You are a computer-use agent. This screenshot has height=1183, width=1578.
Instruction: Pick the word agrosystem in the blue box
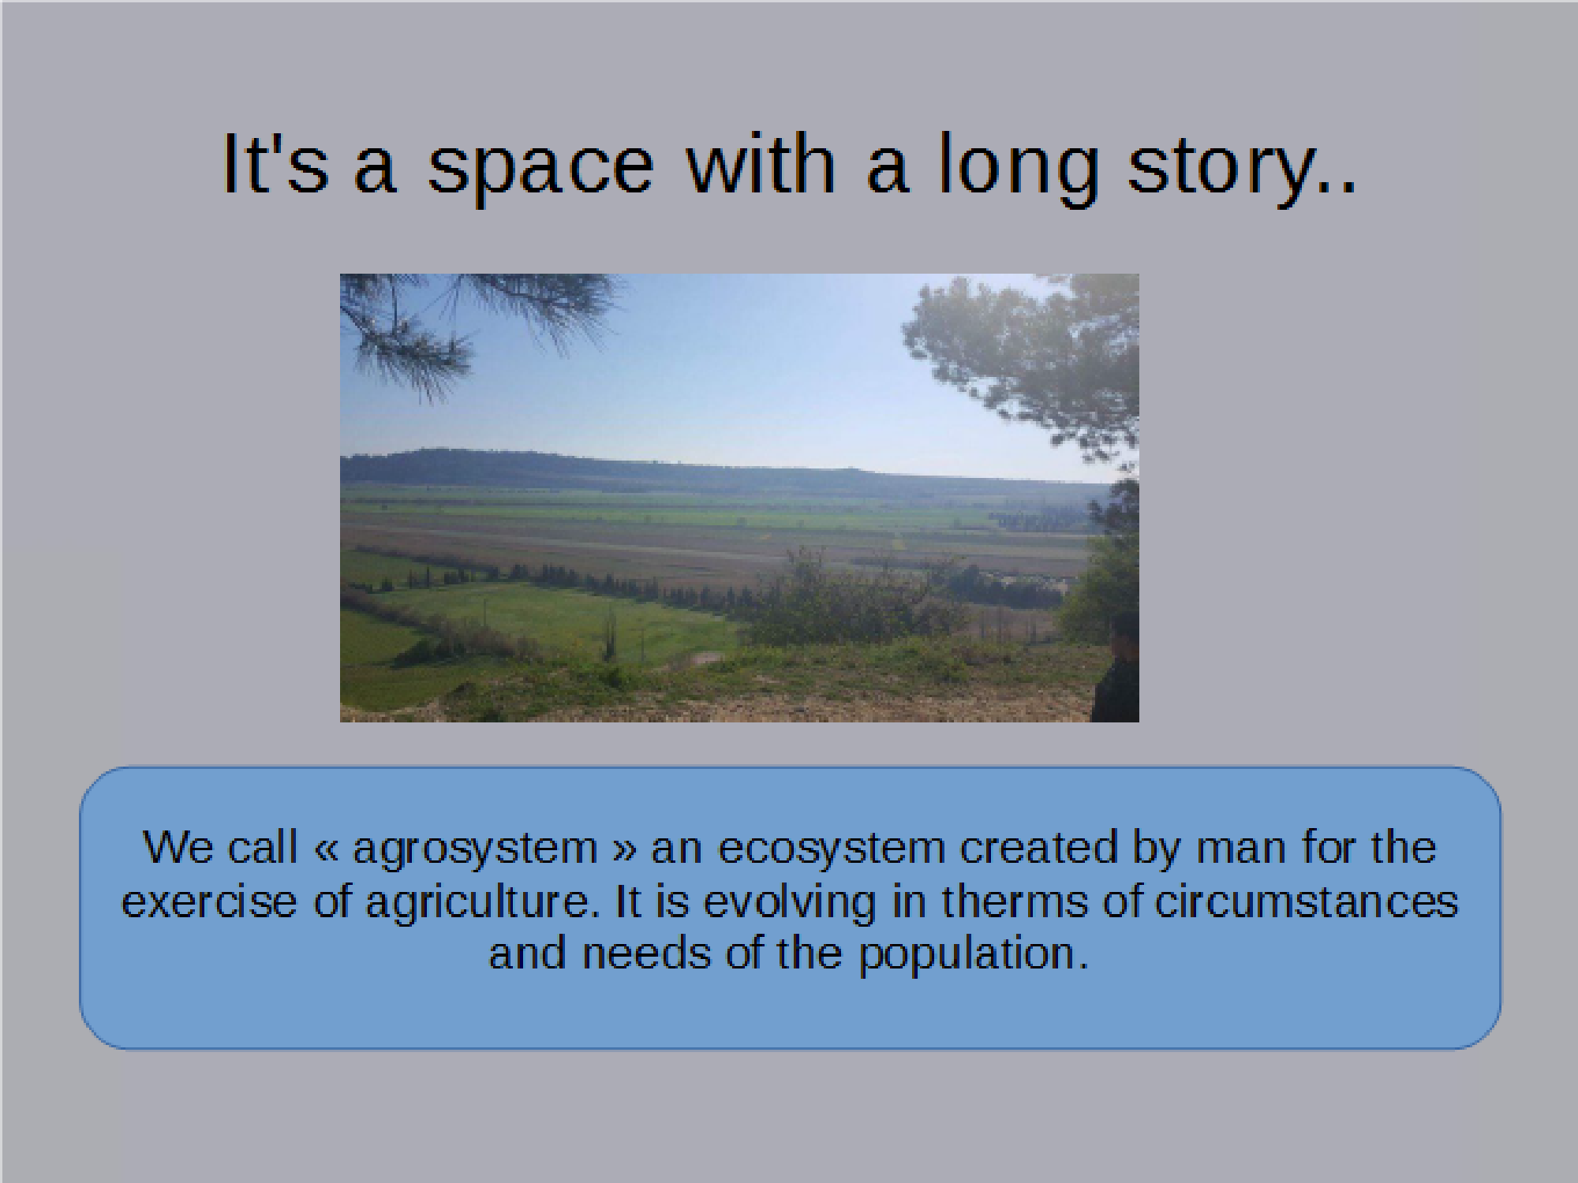(x=474, y=849)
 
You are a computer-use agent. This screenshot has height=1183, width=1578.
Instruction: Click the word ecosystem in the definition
(x=832, y=849)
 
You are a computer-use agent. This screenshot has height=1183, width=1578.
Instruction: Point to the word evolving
(x=790, y=903)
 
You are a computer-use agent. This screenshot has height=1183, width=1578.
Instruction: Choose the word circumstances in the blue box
(x=1306, y=901)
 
